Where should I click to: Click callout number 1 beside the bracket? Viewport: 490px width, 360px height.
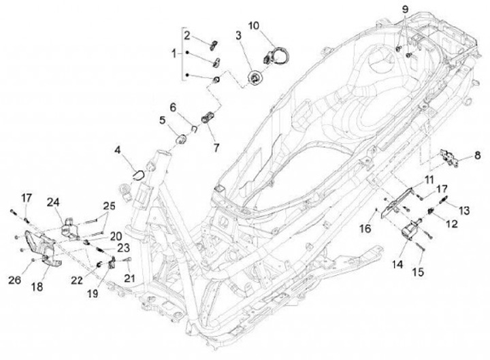[174, 52]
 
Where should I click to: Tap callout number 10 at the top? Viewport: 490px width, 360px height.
[253, 27]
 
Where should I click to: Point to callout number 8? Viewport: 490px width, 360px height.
[476, 156]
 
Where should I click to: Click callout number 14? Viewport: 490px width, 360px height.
[397, 263]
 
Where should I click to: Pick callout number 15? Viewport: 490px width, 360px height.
[419, 272]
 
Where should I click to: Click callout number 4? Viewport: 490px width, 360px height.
[117, 148]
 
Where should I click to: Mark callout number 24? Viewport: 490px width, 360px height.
[53, 201]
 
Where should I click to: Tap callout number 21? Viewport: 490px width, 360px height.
[129, 278]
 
